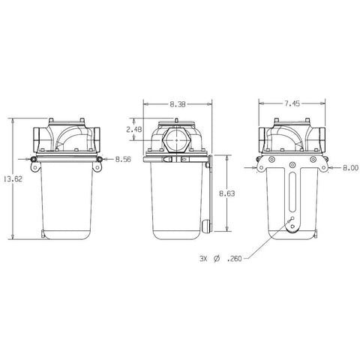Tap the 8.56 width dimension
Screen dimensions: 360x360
click(123, 159)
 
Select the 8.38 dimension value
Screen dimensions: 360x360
click(178, 104)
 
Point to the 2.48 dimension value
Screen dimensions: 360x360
click(134, 130)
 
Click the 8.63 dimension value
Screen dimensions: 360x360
click(227, 193)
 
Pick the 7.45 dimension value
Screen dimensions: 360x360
click(292, 103)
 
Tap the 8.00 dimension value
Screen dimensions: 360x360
click(350, 168)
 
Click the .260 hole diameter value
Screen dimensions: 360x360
click(235, 259)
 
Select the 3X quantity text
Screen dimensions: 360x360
click(203, 259)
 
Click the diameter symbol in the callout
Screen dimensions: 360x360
click(217, 259)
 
